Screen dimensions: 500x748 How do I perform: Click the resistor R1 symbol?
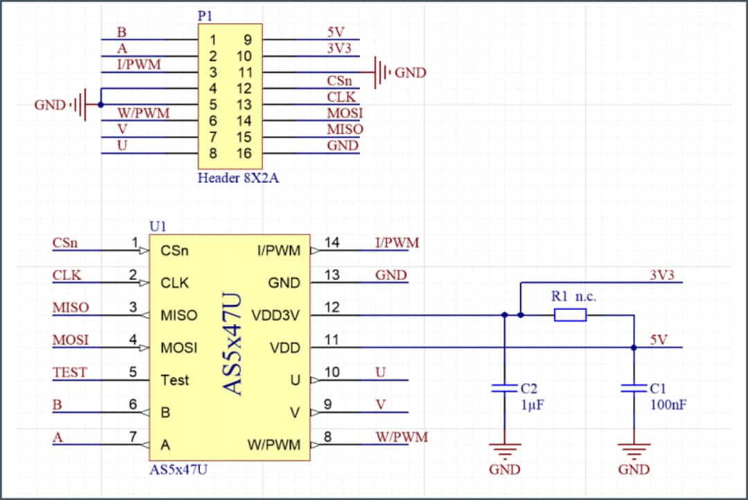[x=570, y=316]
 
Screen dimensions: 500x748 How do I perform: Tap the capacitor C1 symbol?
[x=634, y=390]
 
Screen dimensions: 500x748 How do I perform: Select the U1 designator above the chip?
[x=158, y=227]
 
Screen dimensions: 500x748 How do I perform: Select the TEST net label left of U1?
[x=70, y=373]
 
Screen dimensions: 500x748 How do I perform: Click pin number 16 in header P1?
[x=244, y=154]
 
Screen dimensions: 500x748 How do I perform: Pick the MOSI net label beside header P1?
[x=345, y=113]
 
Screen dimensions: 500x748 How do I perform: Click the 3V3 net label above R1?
[x=662, y=275]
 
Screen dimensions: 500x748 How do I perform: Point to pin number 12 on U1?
[x=332, y=307]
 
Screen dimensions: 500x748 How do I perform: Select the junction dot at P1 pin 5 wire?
[x=101, y=105]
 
